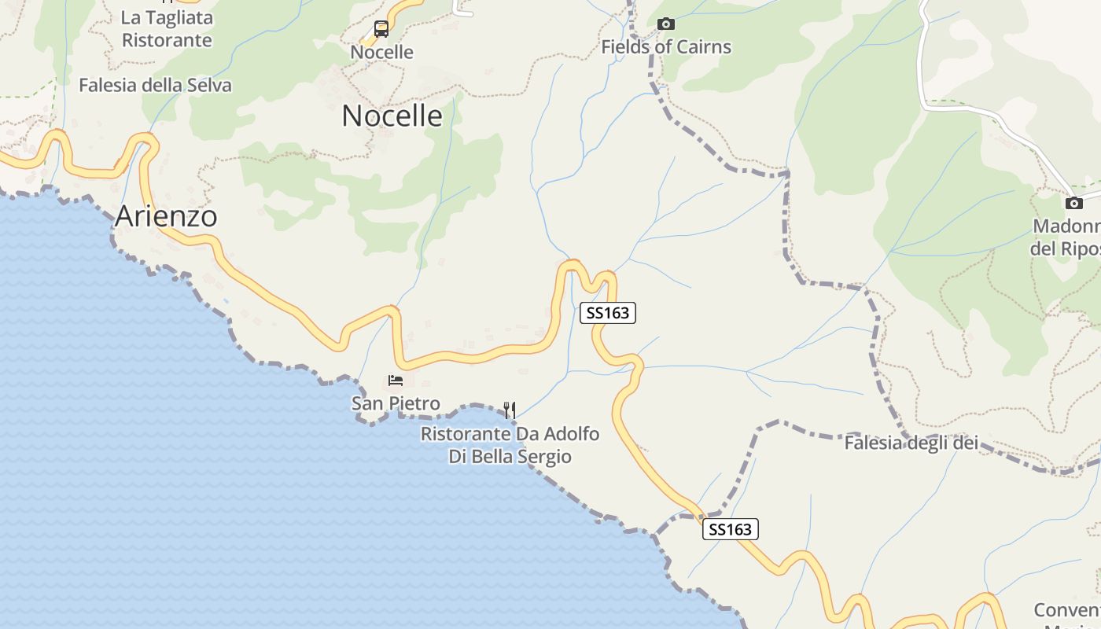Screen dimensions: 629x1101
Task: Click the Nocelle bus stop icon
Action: tap(381, 29)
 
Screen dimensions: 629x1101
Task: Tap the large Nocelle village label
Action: tap(392, 116)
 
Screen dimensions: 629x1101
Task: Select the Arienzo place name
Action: tap(166, 216)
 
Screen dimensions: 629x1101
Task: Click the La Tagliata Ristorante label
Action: tap(167, 28)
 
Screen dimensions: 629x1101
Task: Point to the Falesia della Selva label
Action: tap(155, 86)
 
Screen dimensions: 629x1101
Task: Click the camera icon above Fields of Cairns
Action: tap(666, 24)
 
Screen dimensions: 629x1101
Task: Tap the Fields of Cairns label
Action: tap(666, 47)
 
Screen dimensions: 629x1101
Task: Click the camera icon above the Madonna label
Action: tap(1074, 203)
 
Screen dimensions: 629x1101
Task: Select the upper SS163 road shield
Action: tap(608, 313)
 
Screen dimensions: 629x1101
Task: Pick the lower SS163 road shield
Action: tap(730, 529)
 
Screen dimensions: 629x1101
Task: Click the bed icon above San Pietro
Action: tap(396, 381)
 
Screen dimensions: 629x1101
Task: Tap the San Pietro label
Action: tap(396, 404)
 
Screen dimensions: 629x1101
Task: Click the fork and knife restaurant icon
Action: tap(510, 410)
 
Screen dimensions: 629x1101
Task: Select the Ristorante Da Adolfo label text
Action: tap(510, 434)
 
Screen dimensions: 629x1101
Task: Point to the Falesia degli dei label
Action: tap(911, 443)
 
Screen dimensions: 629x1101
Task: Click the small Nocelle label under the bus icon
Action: tap(381, 52)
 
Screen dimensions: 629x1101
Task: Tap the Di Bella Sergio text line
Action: tap(510, 457)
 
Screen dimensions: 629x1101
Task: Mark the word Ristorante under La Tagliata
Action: tap(167, 40)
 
